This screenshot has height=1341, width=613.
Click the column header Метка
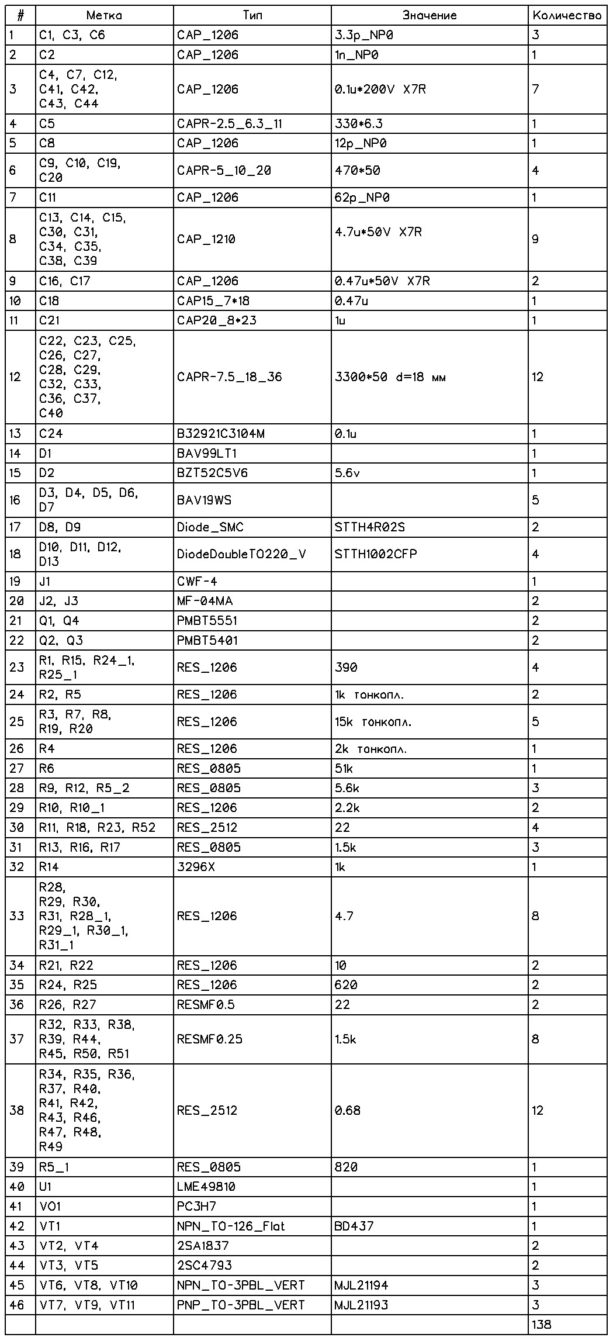pos(103,15)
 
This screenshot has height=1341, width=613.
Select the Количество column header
pos(567,15)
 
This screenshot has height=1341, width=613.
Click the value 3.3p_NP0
pos(364,35)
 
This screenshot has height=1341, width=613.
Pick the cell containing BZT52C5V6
pos(212,472)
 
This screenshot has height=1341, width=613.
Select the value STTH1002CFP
pos(376,554)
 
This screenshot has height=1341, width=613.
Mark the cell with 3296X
pos(196,867)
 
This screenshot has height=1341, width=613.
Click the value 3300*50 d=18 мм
pos(390,377)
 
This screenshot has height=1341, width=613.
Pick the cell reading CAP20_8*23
pos(216,320)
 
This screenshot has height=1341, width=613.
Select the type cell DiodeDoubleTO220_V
pos(241,554)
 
